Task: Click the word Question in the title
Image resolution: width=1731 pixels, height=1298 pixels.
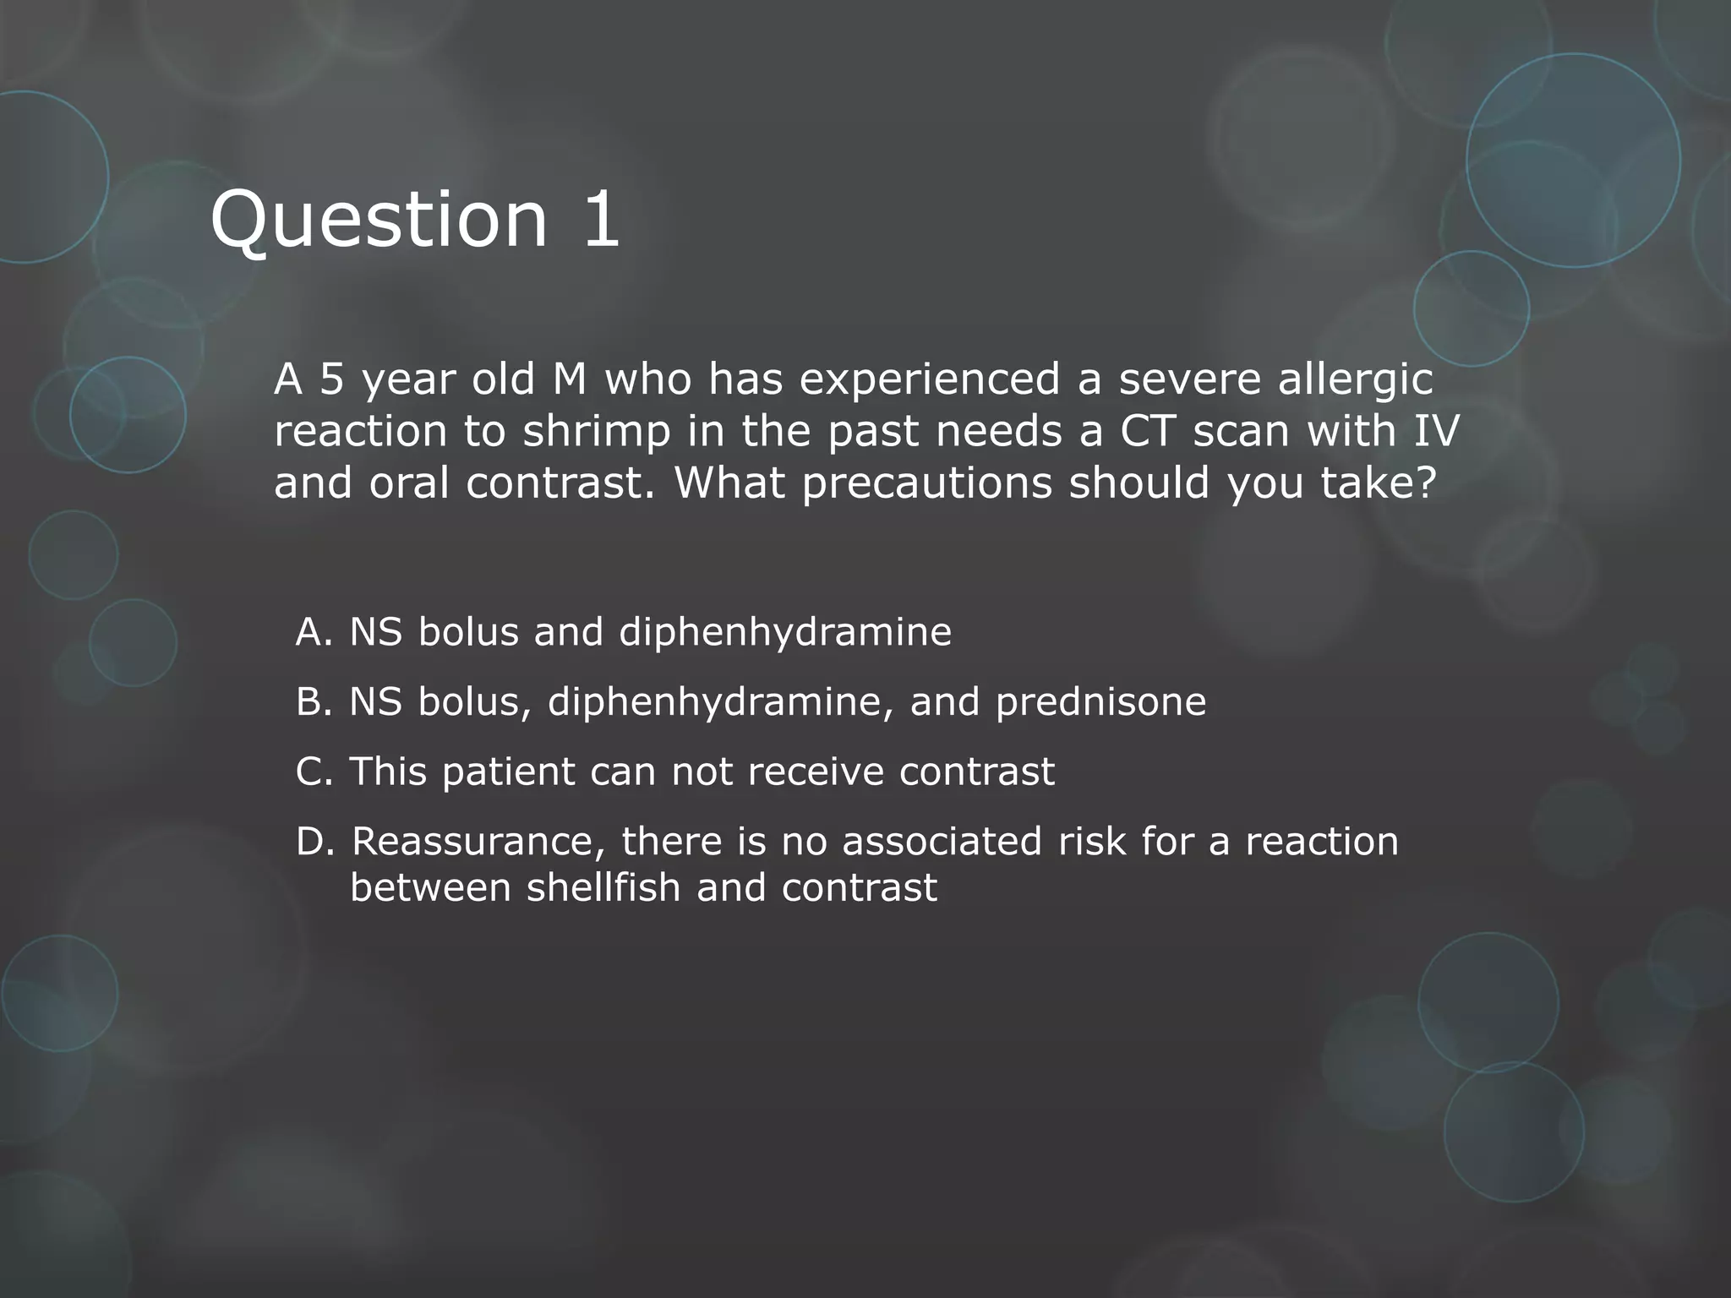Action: (380, 220)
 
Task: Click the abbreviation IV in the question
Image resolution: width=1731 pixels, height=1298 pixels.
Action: (1436, 431)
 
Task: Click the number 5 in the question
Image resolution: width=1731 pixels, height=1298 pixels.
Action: (332, 379)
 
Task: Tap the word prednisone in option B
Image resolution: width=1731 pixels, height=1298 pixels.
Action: (1100, 702)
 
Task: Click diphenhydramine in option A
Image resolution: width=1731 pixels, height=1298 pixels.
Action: (785, 632)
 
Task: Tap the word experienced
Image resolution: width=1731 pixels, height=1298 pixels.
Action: (930, 379)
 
